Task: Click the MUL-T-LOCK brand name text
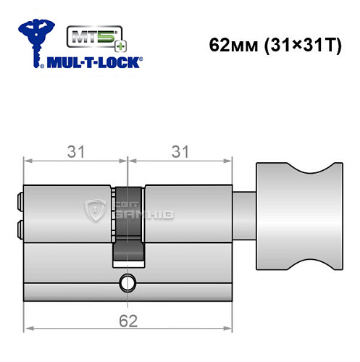pyautogui.click(x=94, y=62)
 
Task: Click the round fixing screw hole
pyautogui.click(x=128, y=282)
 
